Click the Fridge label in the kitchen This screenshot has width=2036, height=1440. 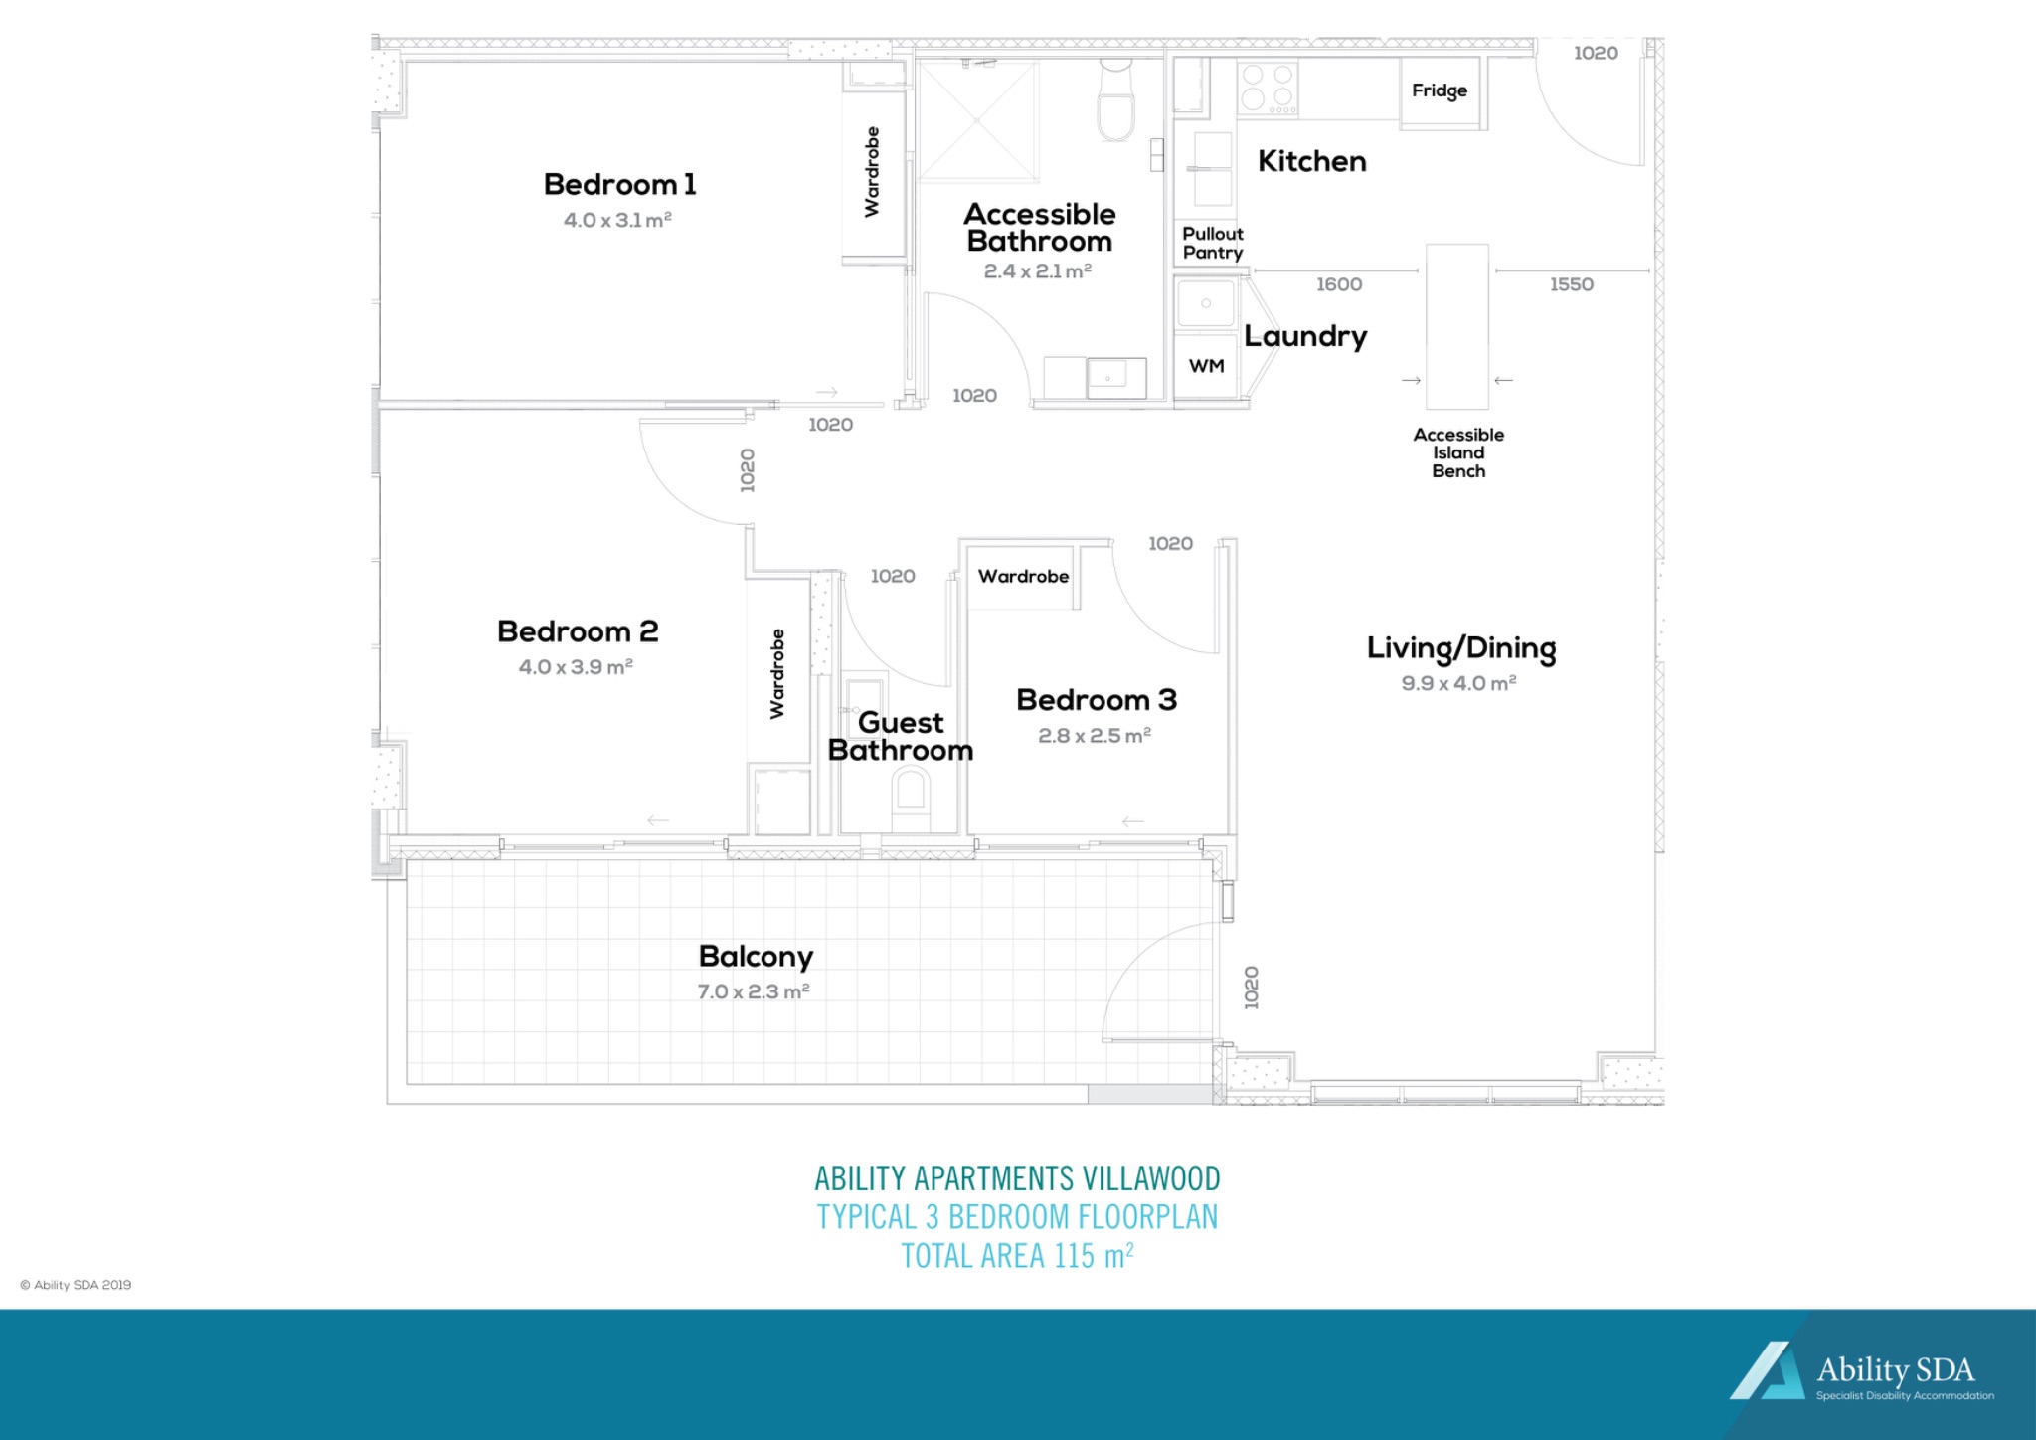pos(1439,90)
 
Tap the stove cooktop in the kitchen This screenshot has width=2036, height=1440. pos(1268,88)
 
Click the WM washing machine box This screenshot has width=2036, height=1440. pos(1206,366)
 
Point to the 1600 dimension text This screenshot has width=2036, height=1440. pos(1339,285)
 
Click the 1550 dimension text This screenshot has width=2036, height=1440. pos(1571,285)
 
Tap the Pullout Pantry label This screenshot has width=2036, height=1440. pos(1212,243)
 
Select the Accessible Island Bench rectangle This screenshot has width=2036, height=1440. pos(1456,326)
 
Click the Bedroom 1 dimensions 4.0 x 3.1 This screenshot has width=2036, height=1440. pos(617,220)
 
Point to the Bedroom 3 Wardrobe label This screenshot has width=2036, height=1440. pos(1023,577)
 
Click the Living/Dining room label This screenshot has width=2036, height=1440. pos(1460,648)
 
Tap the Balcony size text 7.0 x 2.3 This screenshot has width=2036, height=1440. pos(754,991)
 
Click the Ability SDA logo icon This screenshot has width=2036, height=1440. pos(1767,1372)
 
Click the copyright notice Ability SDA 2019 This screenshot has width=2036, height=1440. pos(76,1285)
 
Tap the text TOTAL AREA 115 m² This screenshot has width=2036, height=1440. pos(1017,1256)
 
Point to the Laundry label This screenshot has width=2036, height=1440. pos(1304,336)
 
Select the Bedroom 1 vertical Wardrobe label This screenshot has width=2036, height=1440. pos(872,171)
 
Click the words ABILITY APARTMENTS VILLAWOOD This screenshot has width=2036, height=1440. pos(1017,1178)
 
